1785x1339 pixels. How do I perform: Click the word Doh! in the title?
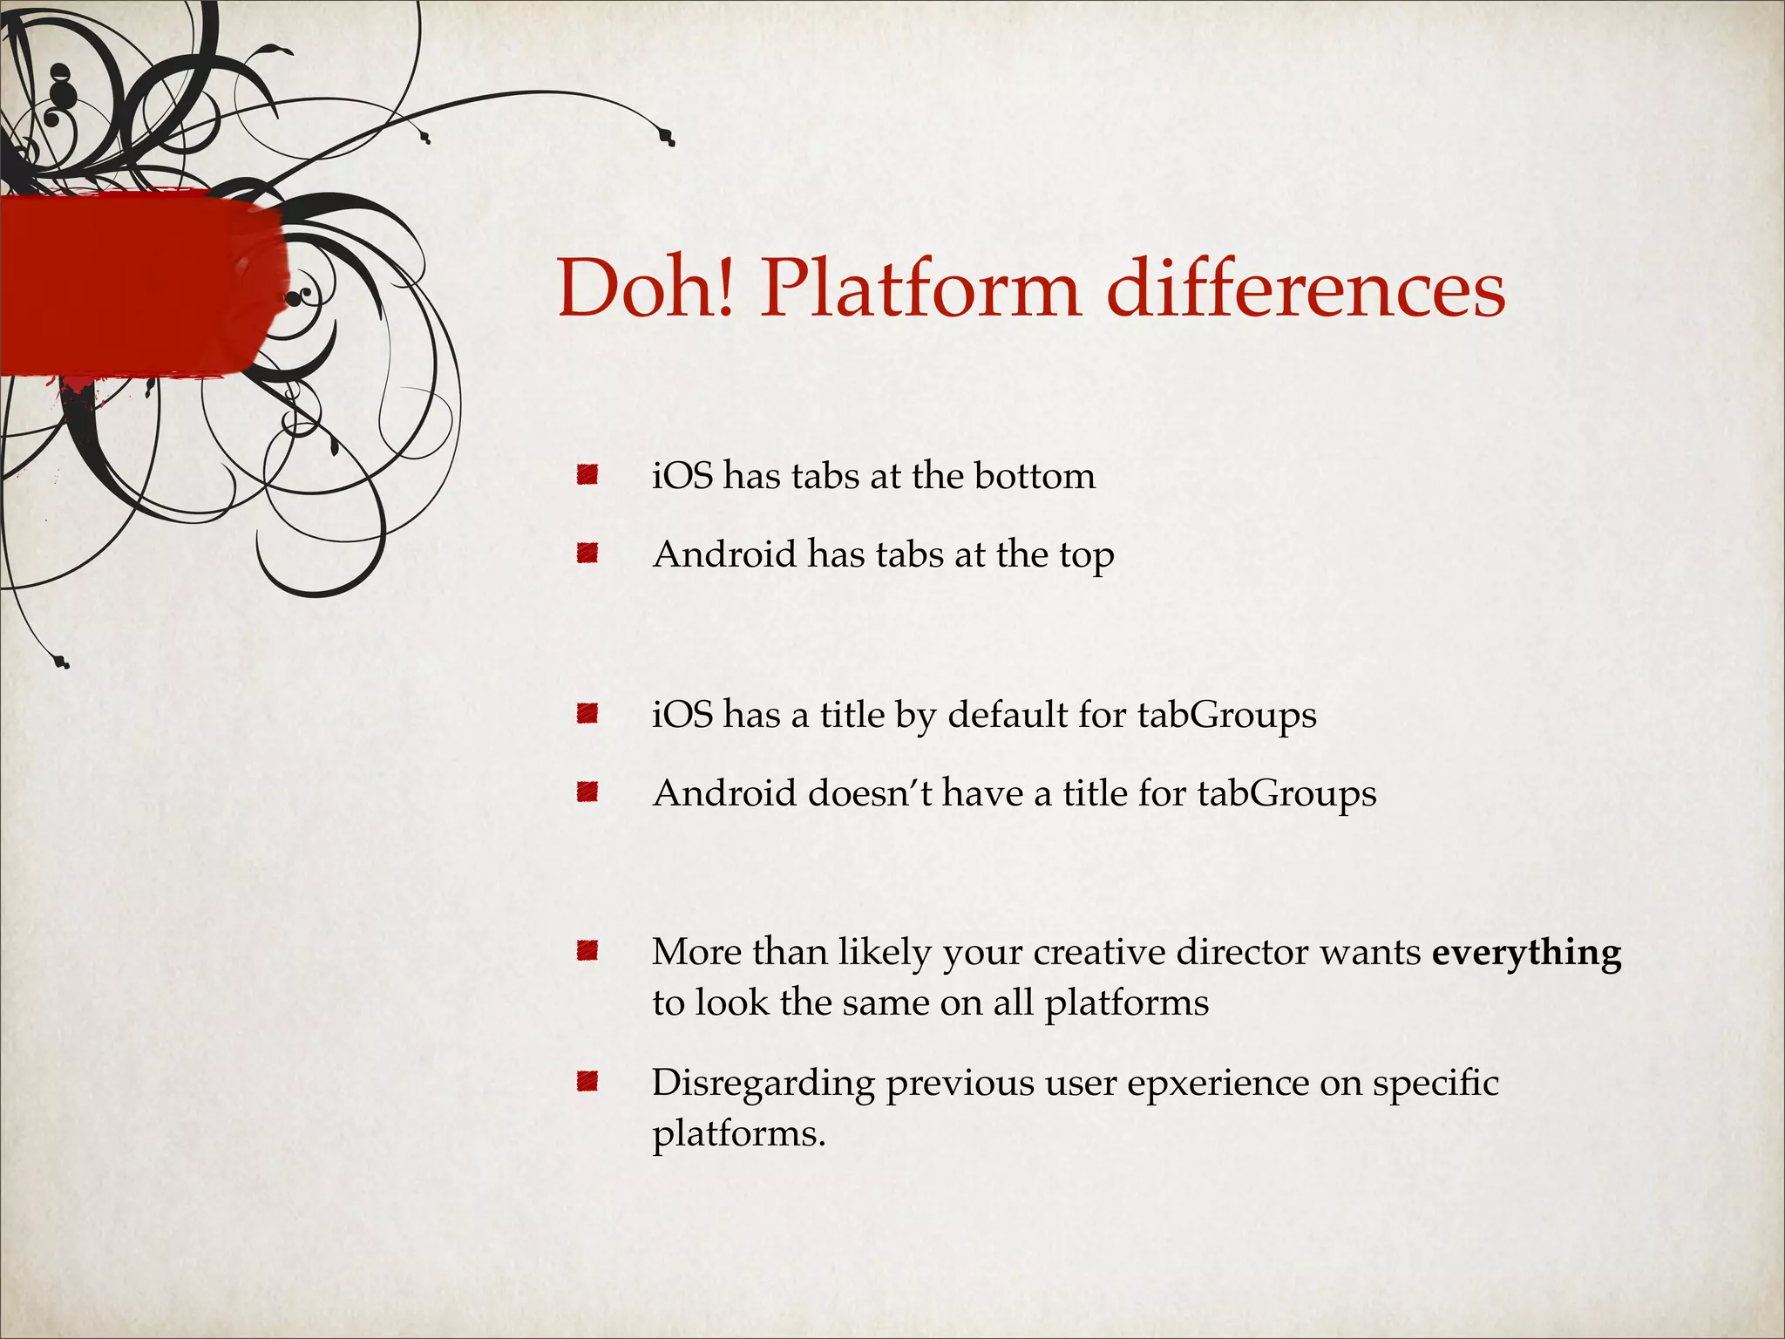coord(647,289)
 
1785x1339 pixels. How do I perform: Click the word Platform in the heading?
coord(920,289)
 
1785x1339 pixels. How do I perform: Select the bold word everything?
coord(1526,952)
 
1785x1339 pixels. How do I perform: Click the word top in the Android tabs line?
coord(1087,556)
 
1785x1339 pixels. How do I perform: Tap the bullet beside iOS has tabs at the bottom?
coord(587,475)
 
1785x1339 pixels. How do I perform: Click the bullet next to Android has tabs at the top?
coord(587,554)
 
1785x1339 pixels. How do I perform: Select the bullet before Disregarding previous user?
coord(587,1083)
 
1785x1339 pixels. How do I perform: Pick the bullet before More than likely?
coord(587,950)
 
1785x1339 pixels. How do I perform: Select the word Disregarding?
coord(763,1084)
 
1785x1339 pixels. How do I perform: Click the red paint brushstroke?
coord(139,288)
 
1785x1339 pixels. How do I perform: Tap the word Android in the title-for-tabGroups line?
coord(724,793)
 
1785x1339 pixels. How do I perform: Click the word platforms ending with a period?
coord(737,1134)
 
